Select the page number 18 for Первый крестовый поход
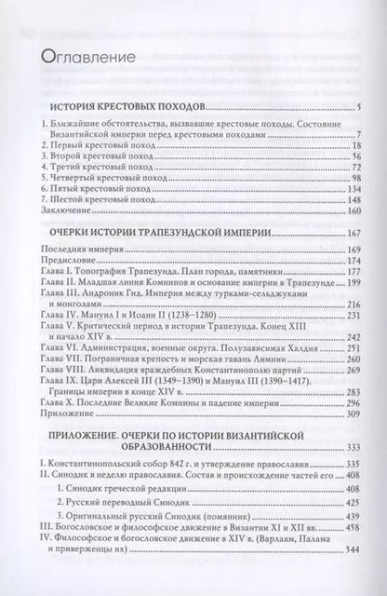pyautogui.click(x=367, y=147)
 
